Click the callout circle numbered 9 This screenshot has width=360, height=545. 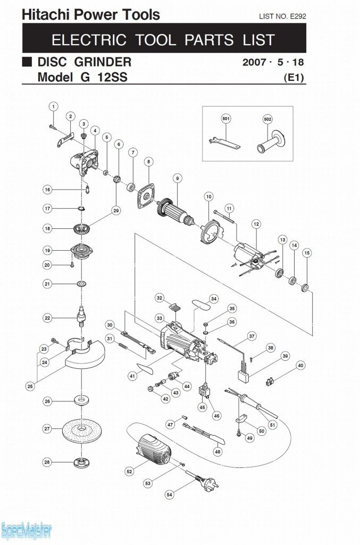tap(177, 178)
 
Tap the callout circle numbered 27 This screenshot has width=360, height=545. tap(47, 428)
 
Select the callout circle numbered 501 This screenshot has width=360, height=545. tap(226, 119)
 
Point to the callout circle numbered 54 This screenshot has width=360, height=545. tap(169, 494)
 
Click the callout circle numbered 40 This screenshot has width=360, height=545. tap(300, 366)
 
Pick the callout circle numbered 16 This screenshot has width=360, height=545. tap(47, 189)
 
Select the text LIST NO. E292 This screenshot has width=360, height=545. tap(282, 16)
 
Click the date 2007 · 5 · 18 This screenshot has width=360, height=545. tap(273, 62)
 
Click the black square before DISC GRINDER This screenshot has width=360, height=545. tap(27, 61)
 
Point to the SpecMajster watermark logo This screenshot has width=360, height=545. tap(27, 531)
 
